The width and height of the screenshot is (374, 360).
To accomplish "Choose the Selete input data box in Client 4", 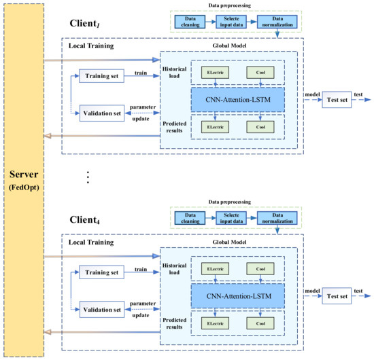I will (x=232, y=218).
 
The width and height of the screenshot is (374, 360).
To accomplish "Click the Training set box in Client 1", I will (x=102, y=76).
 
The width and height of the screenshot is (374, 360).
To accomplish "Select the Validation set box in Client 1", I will (x=102, y=113).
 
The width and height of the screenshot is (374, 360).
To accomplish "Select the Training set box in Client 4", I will (x=102, y=272).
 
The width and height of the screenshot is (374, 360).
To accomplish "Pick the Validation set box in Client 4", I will (x=102, y=309).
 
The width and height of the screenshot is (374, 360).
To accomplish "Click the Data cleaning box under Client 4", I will (x=187, y=218).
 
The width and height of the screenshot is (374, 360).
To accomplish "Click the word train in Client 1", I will (x=141, y=71).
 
